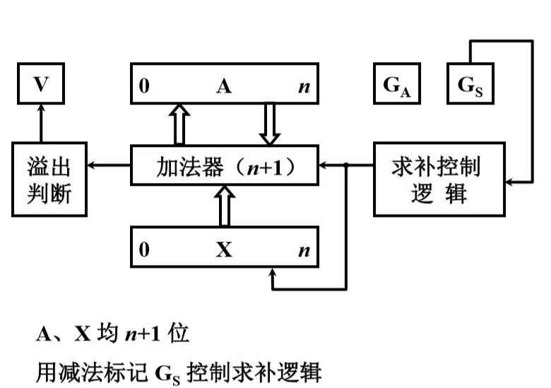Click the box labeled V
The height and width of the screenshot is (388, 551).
[x=41, y=85]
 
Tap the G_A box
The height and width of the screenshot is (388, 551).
[x=397, y=85]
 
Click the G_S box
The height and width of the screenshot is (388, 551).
[x=470, y=85]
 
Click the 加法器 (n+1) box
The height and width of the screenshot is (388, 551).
[x=225, y=167]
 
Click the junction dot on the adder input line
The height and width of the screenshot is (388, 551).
[x=346, y=166]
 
